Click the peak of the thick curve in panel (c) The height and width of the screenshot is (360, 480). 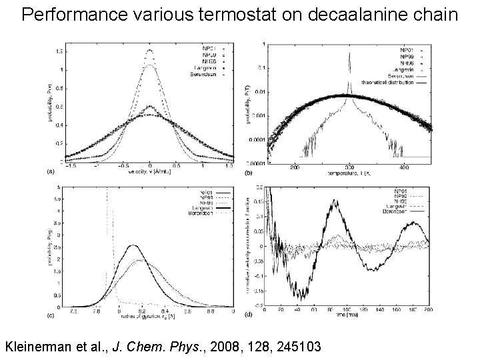click(134, 245)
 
